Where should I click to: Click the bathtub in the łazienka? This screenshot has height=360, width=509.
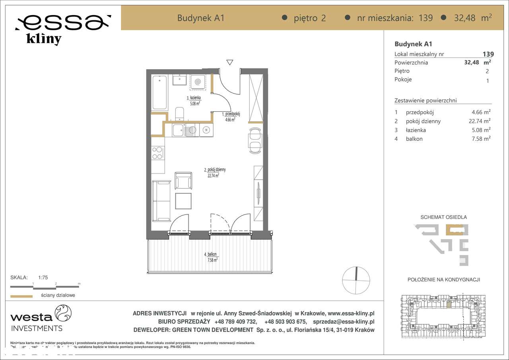point(160,92)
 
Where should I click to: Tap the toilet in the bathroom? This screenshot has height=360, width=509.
point(180,114)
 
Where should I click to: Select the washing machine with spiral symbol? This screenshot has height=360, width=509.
point(198,82)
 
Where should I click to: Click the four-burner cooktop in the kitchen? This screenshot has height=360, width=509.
point(158,153)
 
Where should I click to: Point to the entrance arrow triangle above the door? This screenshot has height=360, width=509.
point(229,62)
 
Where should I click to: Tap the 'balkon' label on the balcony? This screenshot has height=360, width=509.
point(212,254)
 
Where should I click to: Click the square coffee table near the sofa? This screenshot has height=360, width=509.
point(183,201)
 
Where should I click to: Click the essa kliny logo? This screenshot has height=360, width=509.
point(62,29)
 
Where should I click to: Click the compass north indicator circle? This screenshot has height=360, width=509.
point(356,280)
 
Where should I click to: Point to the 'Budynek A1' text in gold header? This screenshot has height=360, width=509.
point(201,18)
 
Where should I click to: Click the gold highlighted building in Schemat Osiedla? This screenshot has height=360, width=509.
point(454,230)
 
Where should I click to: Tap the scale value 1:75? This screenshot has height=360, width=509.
point(43,278)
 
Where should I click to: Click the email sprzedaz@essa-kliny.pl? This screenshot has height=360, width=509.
point(344,322)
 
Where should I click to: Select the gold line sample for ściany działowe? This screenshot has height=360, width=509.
point(21,296)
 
